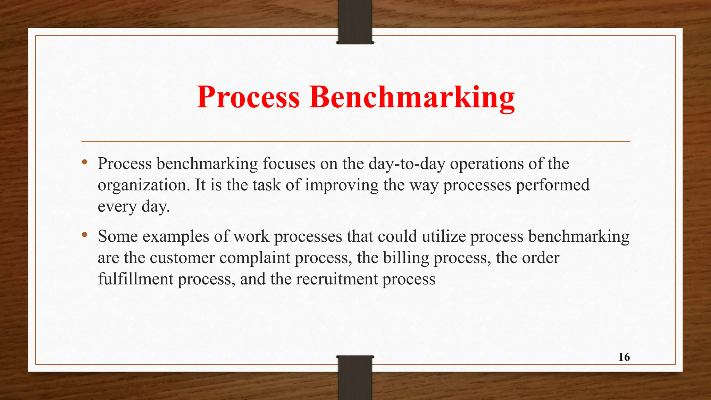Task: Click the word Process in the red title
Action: [x=248, y=97]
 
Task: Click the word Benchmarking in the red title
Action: [x=412, y=98]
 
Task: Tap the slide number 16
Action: [x=624, y=357]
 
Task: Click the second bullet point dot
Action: [x=84, y=235]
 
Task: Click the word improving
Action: [x=342, y=185]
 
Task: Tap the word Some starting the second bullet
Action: [x=118, y=236]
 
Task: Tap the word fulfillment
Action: [x=135, y=279]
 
